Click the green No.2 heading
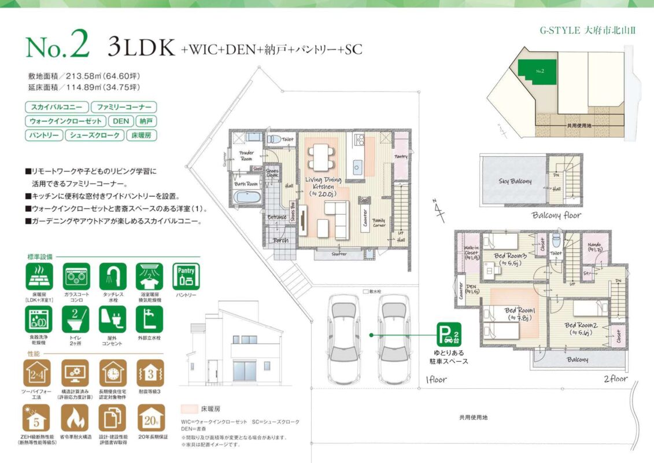pyautogui.click(x=57, y=47)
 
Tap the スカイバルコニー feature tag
pyautogui.click(x=57, y=107)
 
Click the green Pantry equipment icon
pyautogui.click(x=186, y=277)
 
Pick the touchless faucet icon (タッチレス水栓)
pyautogui.click(x=113, y=277)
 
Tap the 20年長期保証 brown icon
pyautogui.click(x=150, y=418)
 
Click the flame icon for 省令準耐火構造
pyautogui.click(x=75, y=418)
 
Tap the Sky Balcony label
pyautogui.click(x=515, y=182)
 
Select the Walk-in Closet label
pyautogui.click(x=471, y=252)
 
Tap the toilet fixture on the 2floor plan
pyautogui.click(x=556, y=239)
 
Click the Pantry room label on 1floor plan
pyautogui.click(x=401, y=157)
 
